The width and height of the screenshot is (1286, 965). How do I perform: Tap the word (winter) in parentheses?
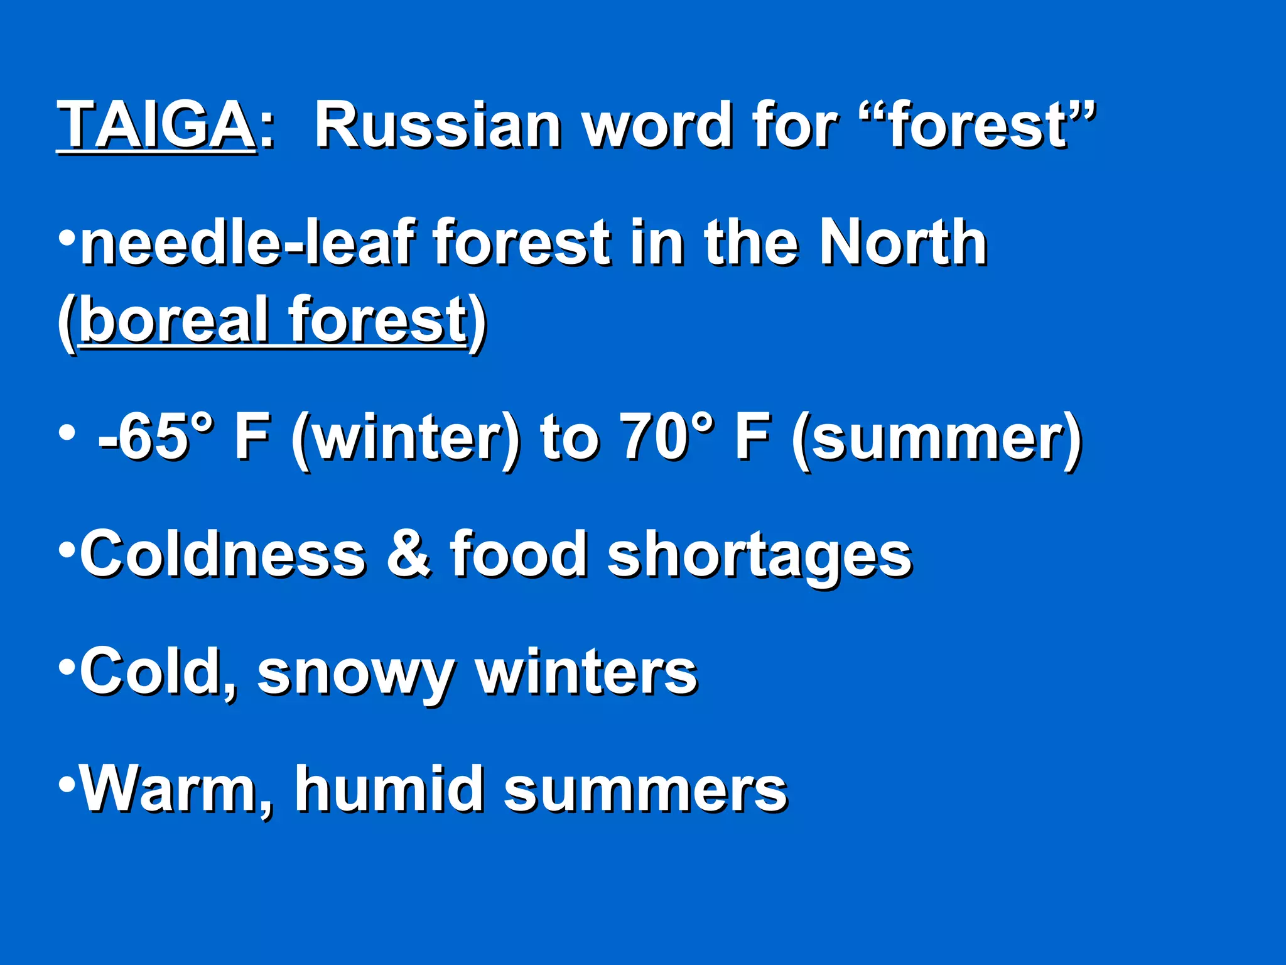point(406,437)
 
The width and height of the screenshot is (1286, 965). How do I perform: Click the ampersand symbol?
point(409,554)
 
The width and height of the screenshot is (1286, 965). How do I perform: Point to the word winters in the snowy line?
point(586,672)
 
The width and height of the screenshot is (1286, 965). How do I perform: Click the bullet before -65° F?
point(66,432)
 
